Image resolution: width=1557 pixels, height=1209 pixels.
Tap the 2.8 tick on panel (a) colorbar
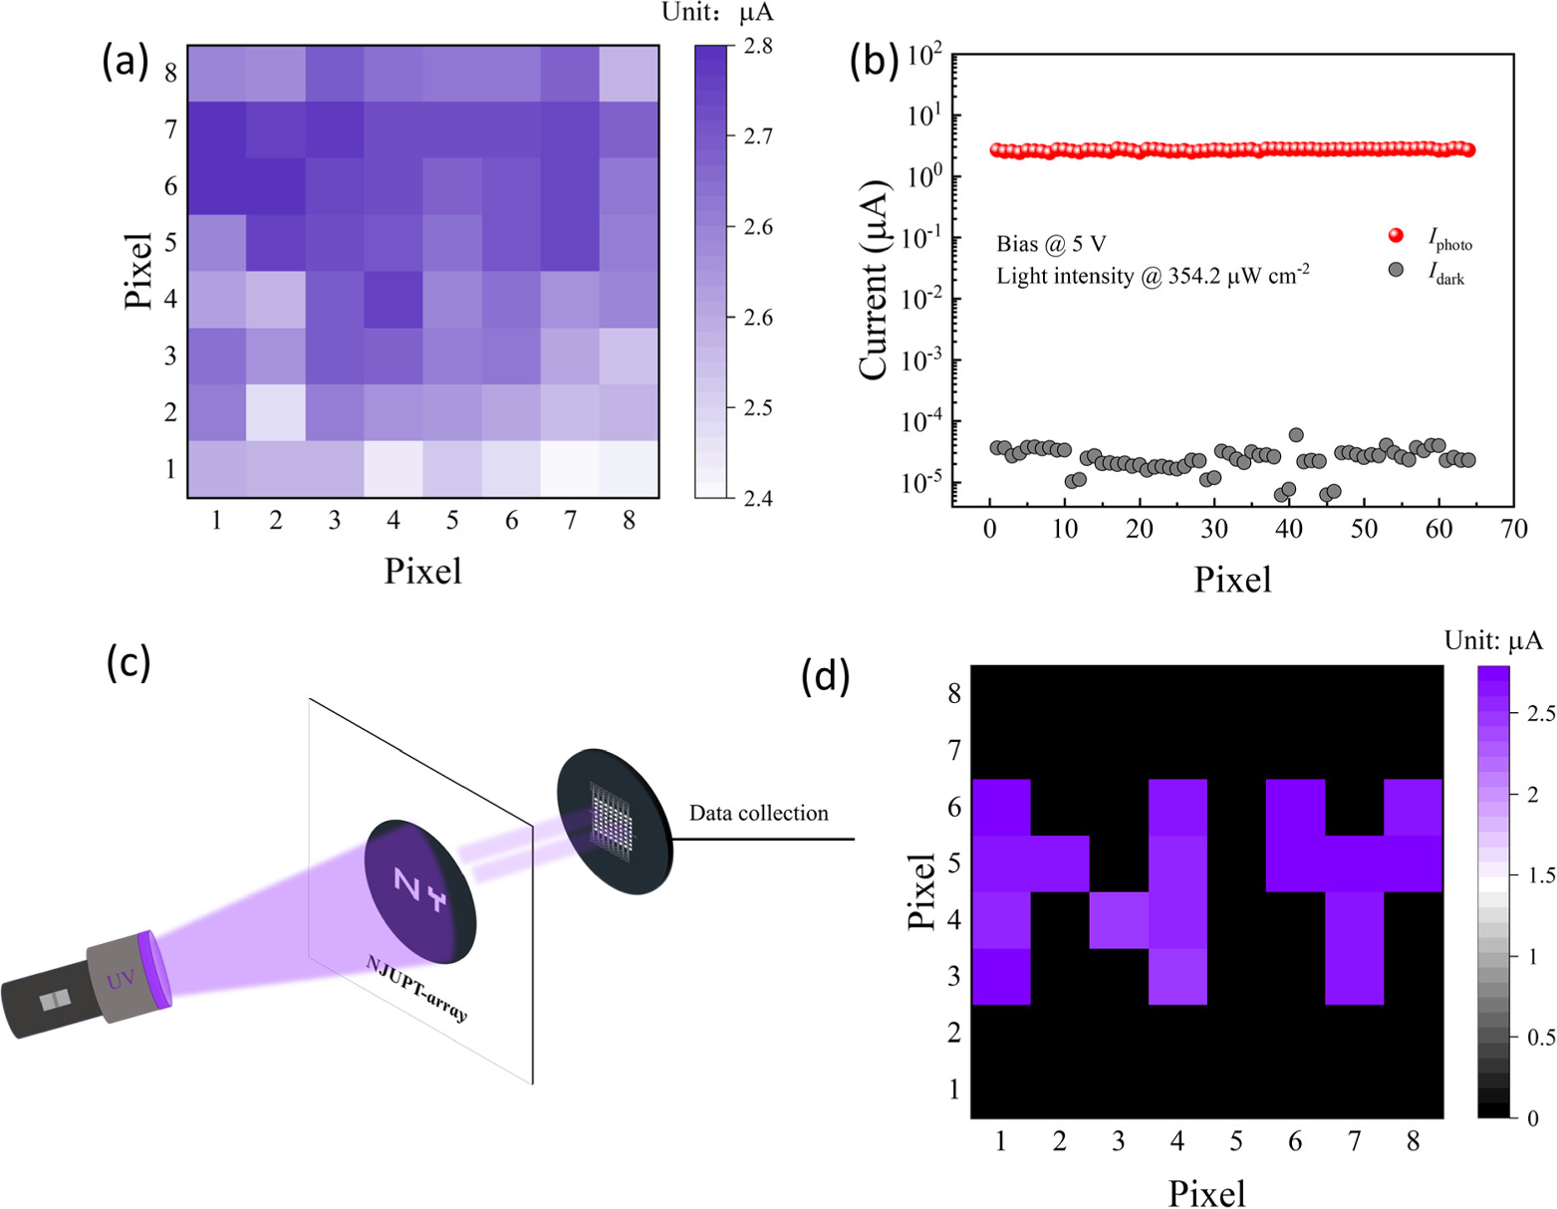tap(758, 46)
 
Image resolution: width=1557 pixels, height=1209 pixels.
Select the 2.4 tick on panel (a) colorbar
tap(758, 498)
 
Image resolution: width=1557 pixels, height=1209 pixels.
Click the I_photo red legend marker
tap(1396, 236)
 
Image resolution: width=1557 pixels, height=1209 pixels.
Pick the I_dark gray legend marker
tap(1396, 270)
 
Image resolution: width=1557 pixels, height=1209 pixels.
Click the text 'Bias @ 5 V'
tap(1051, 244)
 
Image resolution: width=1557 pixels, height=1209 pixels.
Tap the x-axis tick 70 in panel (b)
tap(1513, 530)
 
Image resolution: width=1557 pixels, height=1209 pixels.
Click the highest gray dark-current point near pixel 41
tap(1296, 435)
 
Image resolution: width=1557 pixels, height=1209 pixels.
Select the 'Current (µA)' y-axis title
tap(874, 280)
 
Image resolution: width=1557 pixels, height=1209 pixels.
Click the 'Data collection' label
tap(758, 814)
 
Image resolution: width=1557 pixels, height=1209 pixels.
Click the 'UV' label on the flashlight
tap(121, 980)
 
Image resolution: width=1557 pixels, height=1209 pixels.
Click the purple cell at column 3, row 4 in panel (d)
tap(1118, 920)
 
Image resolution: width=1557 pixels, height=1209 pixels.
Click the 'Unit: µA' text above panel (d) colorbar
tap(1492, 641)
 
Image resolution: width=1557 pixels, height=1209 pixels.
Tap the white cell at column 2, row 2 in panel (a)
tap(276, 412)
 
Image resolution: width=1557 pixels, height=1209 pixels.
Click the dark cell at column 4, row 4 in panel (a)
tap(393, 299)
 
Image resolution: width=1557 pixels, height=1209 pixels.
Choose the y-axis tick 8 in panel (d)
tap(954, 693)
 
